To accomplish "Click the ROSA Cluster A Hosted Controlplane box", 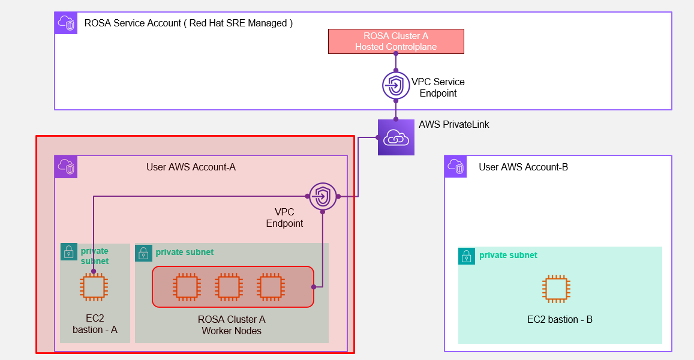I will click(396, 41).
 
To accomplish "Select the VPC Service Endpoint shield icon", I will click(396, 85).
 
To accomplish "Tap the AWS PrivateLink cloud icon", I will click(396, 137).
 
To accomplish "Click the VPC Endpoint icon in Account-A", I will click(323, 196).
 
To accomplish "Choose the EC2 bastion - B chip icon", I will click(556, 288).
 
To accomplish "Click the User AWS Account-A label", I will click(191, 167).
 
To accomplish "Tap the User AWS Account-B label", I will click(523, 167).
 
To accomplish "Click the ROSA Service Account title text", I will click(188, 23).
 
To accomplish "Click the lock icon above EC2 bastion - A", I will click(69, 252).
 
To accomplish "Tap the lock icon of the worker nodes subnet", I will click(144, 253).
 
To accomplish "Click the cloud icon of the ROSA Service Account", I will click(66, 23).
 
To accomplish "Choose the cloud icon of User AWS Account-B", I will click(456, 167).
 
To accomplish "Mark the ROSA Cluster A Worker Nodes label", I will click(232, 325).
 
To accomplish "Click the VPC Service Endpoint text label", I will click(438, 88).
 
